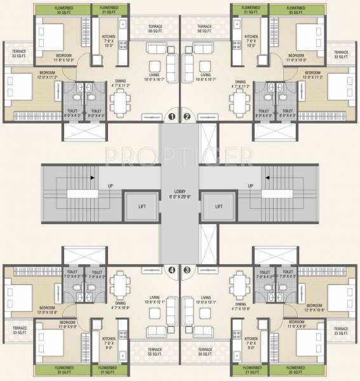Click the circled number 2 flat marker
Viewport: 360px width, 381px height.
point(187,117)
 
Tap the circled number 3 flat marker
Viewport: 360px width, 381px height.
point(187,269)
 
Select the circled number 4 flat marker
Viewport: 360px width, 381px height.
point(171,269)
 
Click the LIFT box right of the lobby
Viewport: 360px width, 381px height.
point(218,206)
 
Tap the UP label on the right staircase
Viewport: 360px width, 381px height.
point(250,185)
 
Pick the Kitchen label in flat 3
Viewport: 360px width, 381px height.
point(251,344)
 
